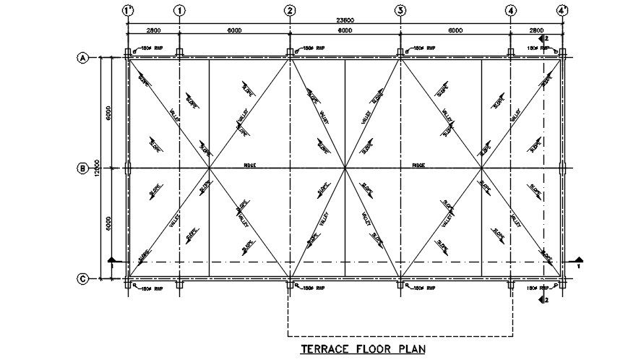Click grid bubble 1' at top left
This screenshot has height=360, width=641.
pos(128,11)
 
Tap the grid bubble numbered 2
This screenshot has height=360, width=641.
pos(290,11)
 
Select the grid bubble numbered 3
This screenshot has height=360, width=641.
pos(400,11)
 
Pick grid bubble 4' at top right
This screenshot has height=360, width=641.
pos(562,11)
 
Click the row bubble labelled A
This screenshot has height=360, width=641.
pos(82,59)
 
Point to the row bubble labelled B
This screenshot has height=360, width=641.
pos(82,168)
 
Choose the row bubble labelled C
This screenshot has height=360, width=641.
pos(82,278)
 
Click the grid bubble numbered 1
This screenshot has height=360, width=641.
pos(179,11)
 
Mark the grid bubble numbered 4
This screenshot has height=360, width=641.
pos(511,11)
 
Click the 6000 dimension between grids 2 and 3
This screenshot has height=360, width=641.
pos(345,30)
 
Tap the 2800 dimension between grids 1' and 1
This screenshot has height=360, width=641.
pos(153,30)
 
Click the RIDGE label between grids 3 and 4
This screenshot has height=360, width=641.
pos(418,166)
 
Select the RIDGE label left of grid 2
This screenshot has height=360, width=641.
pos(250,166)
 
